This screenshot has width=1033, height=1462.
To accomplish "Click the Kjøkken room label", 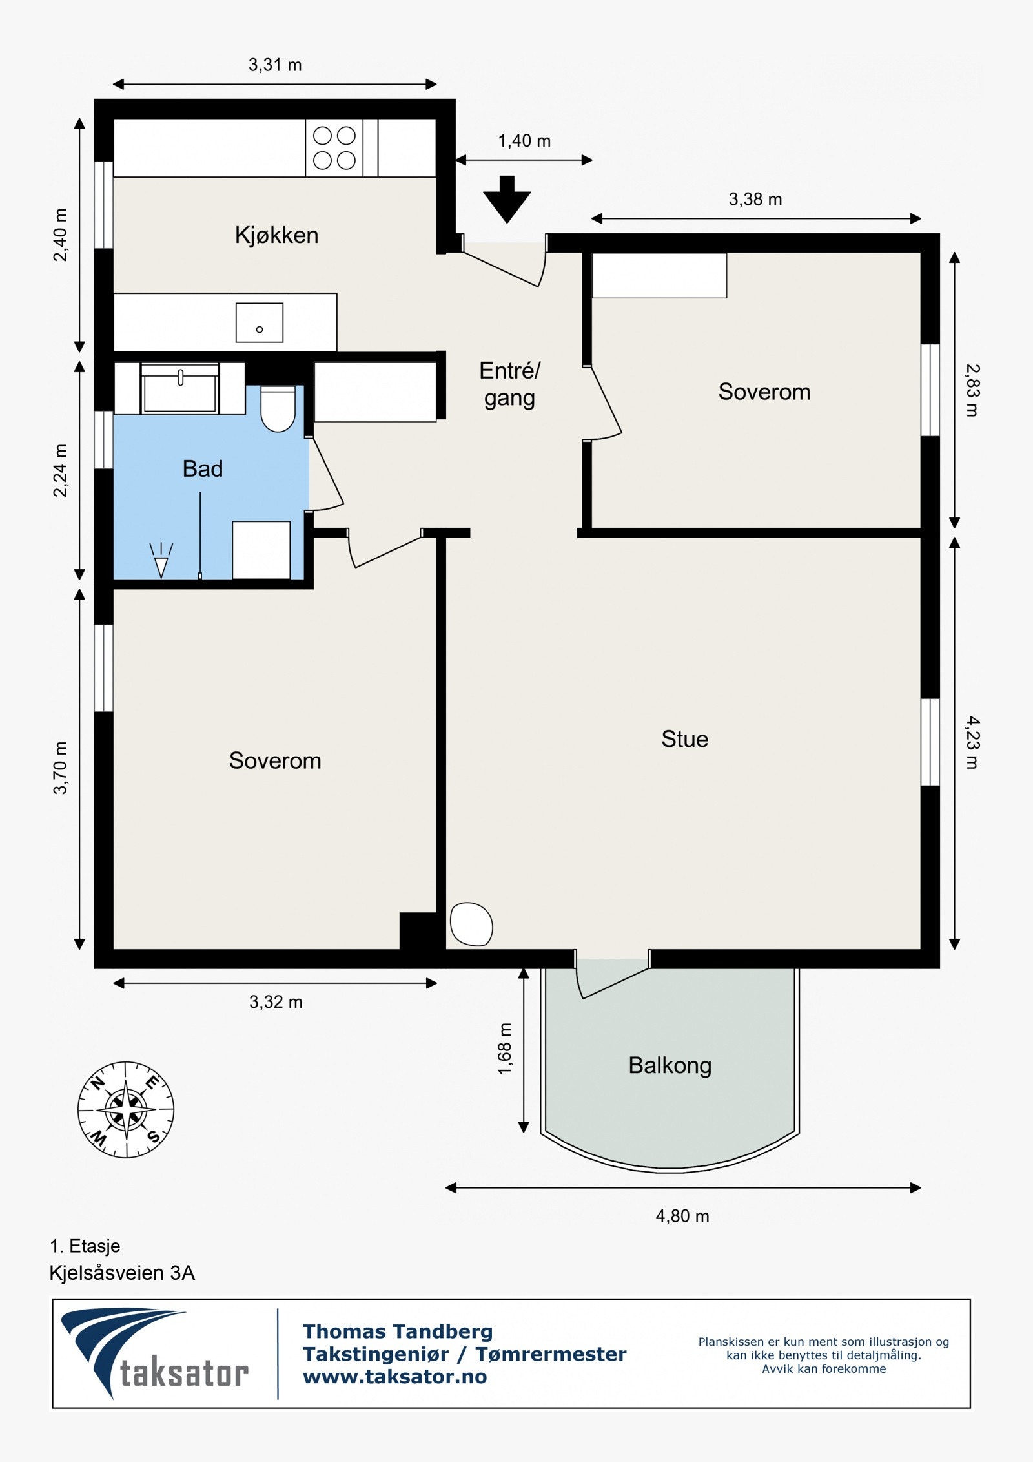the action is pyautogui.click(x=276, y=235).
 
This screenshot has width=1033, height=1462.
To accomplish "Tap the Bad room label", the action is pyautogui.click(x=203, y=468).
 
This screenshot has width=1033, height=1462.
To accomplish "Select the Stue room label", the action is pyautogui.click(x=684, y=739).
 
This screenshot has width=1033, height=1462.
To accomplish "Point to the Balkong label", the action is pyautogui.click(x=670, y=1066).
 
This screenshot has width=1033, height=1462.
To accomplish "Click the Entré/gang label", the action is pyautogui.click(x=510, y=384).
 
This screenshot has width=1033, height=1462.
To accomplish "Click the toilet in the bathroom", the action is pyautogui.click(x=278, y=409).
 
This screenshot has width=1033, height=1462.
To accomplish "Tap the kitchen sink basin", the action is pyautogui.click(x=260, y=322).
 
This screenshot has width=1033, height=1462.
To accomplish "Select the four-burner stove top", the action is pyautogui.click(x=334, y=148).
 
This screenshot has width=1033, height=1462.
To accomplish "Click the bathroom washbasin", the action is pyautogui.click(x=180, y=388).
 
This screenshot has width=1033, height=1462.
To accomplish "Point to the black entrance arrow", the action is pyautogui.click(x=507, y=199).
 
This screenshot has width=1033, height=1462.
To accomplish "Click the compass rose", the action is pyautogui.click(x=126, y=1109).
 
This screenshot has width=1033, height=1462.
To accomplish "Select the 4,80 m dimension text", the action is pyautogui.click(x=682, y=1216).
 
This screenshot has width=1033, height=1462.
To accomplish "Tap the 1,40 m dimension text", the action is pyautogui.click(x=524, y=141).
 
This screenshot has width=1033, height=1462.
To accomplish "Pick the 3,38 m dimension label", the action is pyautogui.click(x=755, y=199).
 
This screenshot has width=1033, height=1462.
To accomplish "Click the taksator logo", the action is pyautogui.click(x=155, y=1353).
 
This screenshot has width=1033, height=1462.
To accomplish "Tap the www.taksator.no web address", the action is pyautogui.click(x=395, y=1377).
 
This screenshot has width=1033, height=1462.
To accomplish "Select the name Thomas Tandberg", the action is pyautogui.click(x=398, y=1331).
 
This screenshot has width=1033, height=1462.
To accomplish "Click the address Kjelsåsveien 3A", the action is pyautogui.click(x=122, y=1273).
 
